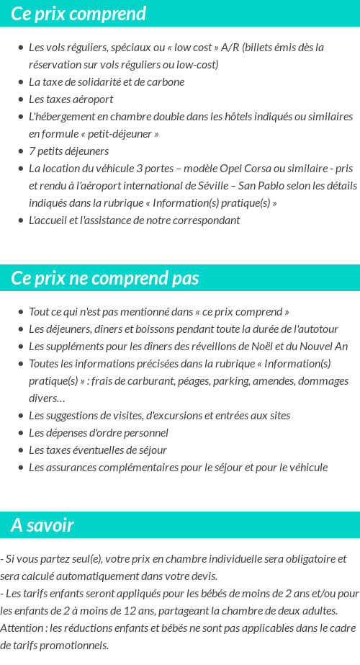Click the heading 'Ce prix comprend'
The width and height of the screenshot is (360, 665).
click(x=78, y=14)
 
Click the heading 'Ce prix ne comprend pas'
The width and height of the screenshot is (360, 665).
click(x=105, y=278)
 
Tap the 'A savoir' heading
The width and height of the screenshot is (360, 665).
click(x=42, y=525)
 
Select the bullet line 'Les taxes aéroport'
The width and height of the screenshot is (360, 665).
click(x=71, y=99)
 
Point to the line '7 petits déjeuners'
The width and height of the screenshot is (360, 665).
click(x=68, y=151)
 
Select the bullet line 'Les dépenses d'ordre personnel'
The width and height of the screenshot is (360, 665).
click(x=98, y=433)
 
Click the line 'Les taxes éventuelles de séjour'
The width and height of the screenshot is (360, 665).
click(x=97, y=450)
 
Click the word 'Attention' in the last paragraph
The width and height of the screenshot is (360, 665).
click(x=22, y=628)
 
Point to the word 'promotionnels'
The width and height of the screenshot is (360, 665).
click(x=76, y=645)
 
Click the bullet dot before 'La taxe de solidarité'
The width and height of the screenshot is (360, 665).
click(x=20, y=82)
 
